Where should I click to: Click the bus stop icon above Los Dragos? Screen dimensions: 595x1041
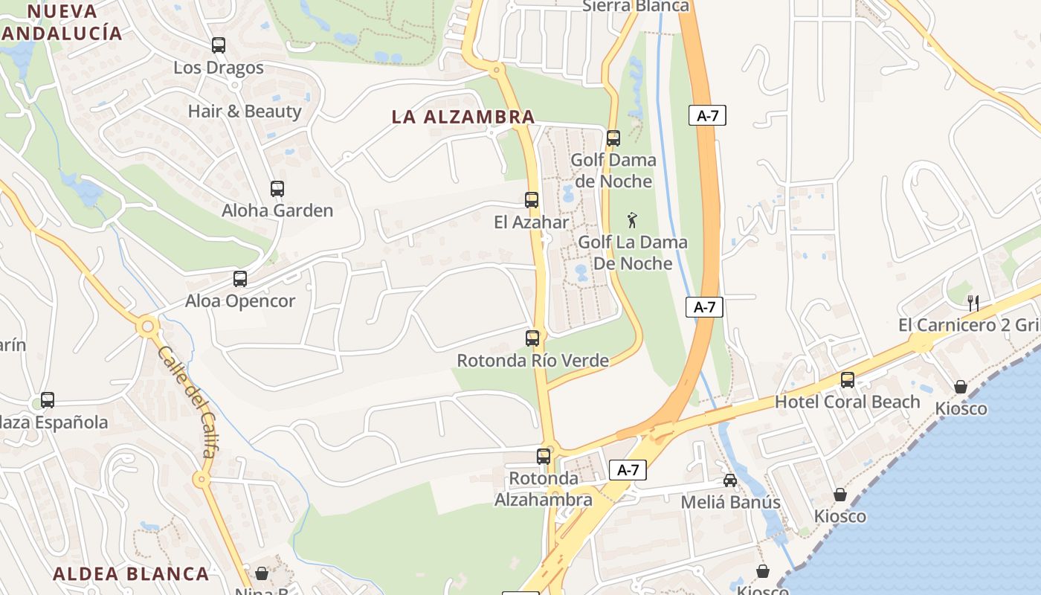click(218, 45)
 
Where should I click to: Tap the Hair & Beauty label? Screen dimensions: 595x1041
click(244, 112)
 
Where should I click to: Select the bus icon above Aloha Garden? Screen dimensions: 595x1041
click(277, 189)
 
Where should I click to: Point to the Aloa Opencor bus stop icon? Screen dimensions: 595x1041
click(239, 279)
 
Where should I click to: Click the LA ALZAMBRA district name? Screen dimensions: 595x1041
click(463, 117)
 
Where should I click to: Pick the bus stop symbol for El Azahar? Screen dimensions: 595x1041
click(532, 200)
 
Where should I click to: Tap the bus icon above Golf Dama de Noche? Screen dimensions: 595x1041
click(613, 138)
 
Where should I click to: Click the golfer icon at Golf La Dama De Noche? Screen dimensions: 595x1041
click(632, 220)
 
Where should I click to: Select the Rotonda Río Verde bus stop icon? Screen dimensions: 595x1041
click(532, 338)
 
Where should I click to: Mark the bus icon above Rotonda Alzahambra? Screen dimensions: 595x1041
click(544, 457)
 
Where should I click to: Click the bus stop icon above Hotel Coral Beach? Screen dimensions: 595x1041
click(848, 380)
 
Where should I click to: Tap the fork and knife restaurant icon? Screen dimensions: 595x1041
click(973, 303)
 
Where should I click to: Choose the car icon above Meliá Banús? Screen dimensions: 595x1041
click(730, 480)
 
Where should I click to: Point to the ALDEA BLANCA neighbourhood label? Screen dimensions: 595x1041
click(131, 573)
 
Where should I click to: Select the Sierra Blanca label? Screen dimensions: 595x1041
click(636, 7)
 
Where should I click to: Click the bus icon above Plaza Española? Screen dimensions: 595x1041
click(48, 400)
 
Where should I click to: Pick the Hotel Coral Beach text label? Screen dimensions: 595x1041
click(848, 402)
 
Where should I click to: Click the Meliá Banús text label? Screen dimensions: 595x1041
click(731, 502)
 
